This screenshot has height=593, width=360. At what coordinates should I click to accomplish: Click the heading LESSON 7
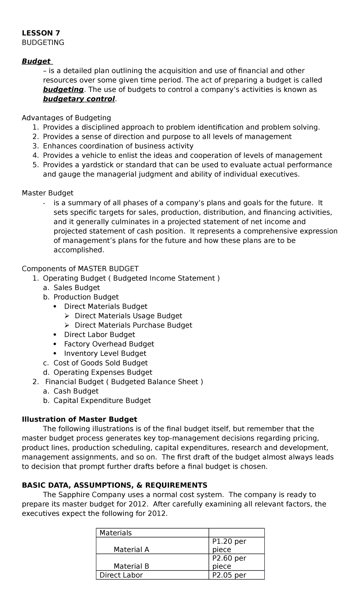pyautogui.click(x=41, y=33)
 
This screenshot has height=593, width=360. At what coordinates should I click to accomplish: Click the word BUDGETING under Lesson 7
pyautogui.click(x=43, y=43)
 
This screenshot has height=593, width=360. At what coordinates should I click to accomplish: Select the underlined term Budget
pyautogui.click(x=36, y=62)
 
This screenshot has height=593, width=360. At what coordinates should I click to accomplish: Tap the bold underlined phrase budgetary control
pyautogui.click(x=79, y=99)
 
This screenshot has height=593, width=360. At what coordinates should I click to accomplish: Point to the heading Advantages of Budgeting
pyautogui.click(x=66, y=118)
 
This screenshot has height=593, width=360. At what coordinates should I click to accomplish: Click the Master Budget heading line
pyautogui.click(x=47, y=193)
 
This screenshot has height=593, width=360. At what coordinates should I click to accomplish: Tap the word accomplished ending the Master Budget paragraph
pyautogui.click(x=79, y=250)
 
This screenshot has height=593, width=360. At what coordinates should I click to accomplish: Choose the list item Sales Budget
pyautogui.click(x=76, y=288)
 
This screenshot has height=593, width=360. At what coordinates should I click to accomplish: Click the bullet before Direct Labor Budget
pyautogui.click(x=54, y=335)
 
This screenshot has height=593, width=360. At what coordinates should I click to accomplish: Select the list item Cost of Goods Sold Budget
pyautogui.click(x=100, y=363)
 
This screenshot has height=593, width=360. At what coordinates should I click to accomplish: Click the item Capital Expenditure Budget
pyautogui.click(x=102, y=401)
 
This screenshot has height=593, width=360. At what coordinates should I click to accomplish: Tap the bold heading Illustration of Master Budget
pyautogui.click(x=79, y=420)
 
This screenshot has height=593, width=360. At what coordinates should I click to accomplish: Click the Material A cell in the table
pyautogui.click(x=131, y=549)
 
